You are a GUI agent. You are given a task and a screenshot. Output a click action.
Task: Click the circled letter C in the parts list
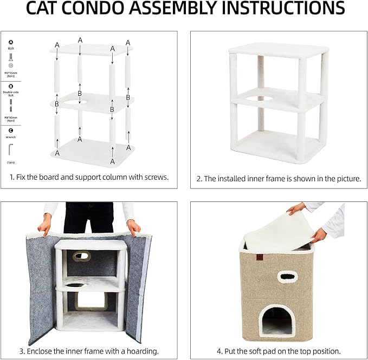tap(11, 130)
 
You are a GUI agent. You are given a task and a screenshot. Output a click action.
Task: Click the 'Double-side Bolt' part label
tap(11, 94)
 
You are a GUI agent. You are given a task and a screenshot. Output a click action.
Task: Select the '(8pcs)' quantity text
tap(11, 76)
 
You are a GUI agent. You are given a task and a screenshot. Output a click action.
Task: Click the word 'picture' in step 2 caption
tap(347, 178)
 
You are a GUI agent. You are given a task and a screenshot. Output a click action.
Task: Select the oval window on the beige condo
tap(288, 276)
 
